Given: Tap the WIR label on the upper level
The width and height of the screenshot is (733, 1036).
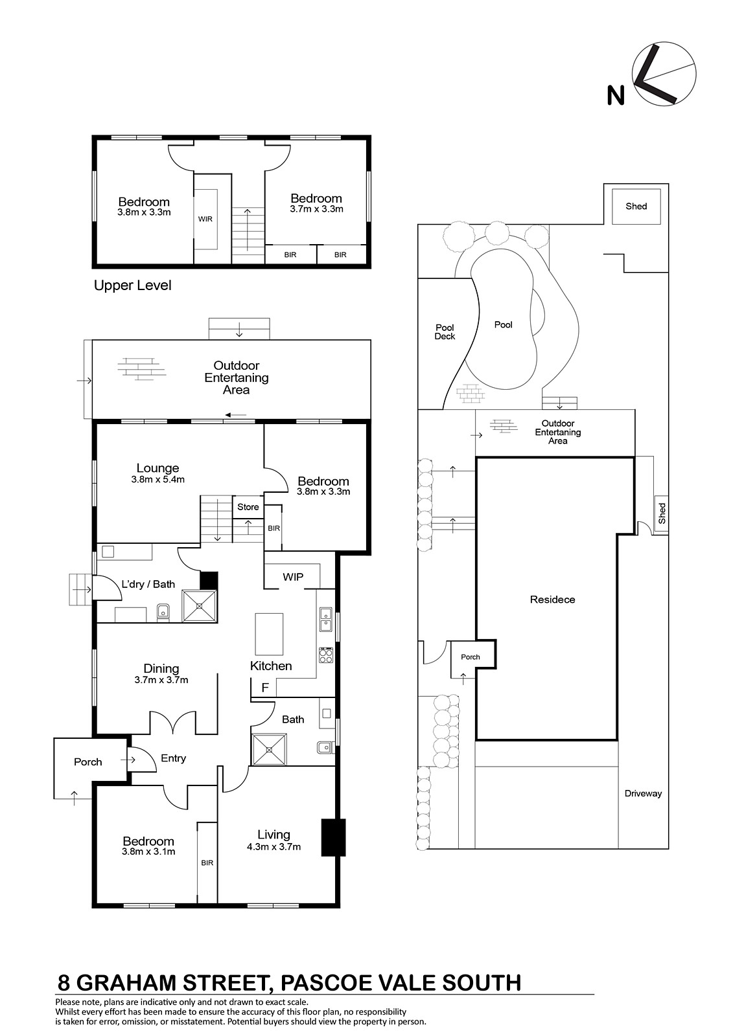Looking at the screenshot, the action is pos(205,220).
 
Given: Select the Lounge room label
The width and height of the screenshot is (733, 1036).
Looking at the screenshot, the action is pos(157,468).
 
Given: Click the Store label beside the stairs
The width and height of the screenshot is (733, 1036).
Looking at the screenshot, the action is pos(248,507).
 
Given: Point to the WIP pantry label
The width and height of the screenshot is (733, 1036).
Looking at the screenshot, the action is pos(293,577).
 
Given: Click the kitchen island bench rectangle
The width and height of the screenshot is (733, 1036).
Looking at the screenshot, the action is pos(269,634).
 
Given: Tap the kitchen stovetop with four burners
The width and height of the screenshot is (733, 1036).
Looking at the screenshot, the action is pos(326,655).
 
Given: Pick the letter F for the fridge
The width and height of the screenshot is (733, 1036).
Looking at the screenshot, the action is pos(265,688).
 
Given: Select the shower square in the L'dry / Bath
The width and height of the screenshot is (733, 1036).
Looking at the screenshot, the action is pos(200,605).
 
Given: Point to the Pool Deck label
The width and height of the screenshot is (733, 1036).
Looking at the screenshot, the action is pos(445,332).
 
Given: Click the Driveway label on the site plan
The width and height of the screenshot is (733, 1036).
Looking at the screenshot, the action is pos(643,794).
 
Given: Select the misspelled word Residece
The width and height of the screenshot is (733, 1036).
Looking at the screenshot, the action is pos(552,600).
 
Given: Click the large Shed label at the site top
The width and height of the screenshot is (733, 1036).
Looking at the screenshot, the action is pos(636,207).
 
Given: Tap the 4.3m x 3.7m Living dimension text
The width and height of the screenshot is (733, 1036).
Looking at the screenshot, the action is pos(273,847).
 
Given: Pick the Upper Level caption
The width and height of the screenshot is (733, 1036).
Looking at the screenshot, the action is pos(132,286).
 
